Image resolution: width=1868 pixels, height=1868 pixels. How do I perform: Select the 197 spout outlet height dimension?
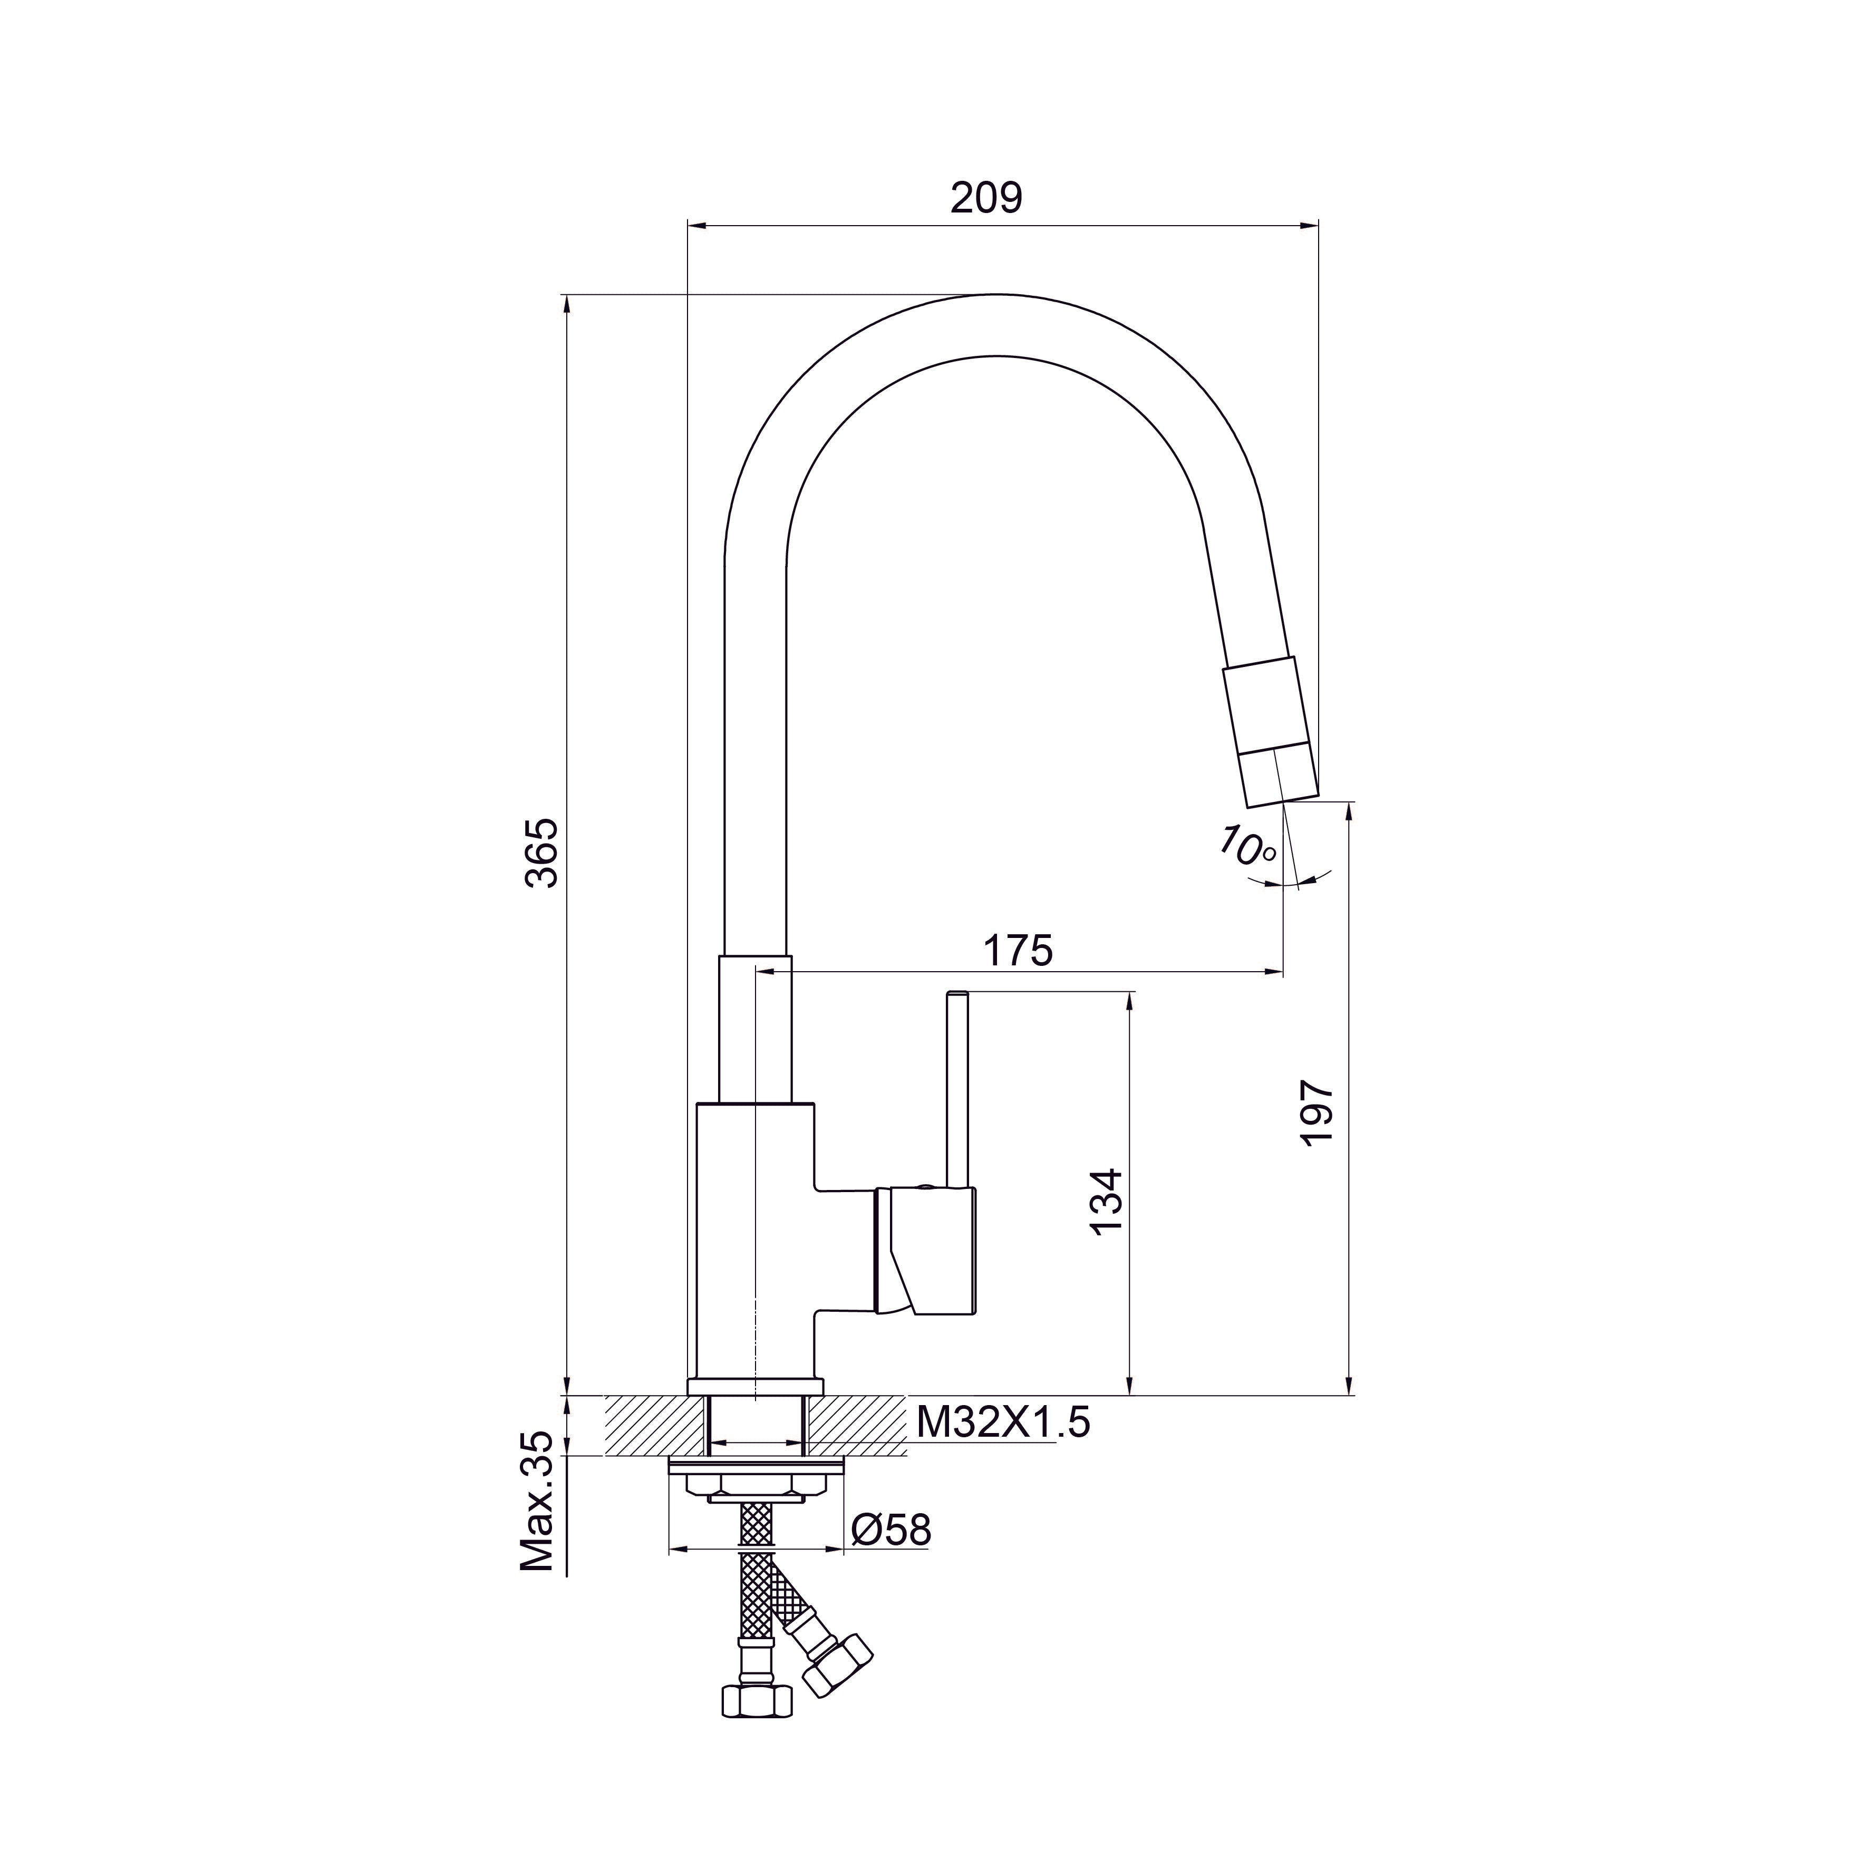(1317, 1115)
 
